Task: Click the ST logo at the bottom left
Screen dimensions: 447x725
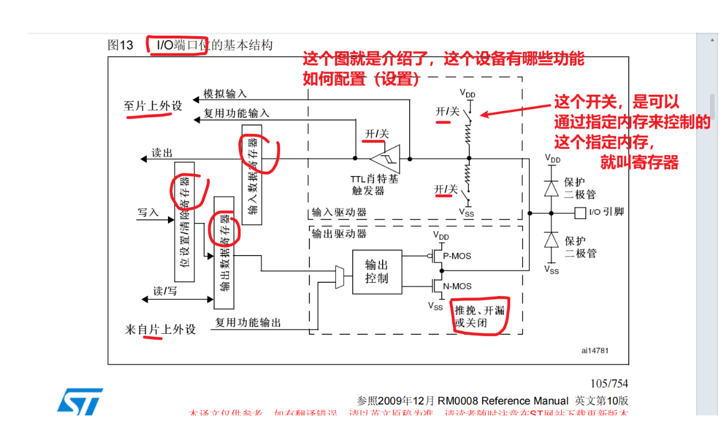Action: click(x=80, y=400)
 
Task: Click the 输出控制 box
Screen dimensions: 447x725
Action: click(x=377, y=272)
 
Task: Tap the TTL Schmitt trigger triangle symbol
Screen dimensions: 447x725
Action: click(x=384, y=157)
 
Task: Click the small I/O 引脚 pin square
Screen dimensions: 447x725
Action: click(x=579, y=213)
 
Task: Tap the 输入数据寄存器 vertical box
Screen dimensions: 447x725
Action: click(x=252, y=172)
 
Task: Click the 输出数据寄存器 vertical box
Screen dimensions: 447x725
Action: click(x=224, y=252)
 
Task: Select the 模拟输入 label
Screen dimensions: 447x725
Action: click(x=225, y=94)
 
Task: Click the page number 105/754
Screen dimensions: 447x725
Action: click(x=609, y=383)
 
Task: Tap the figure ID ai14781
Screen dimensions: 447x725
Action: click(x=594, y=350)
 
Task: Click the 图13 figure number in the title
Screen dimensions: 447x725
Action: click(x=120, y=45)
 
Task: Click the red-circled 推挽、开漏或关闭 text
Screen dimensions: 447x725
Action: click(x=479, y=316)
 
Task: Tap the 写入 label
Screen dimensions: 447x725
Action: click(x=148, y=213)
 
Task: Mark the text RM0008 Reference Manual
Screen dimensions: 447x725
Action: click(x=503, y=401)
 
